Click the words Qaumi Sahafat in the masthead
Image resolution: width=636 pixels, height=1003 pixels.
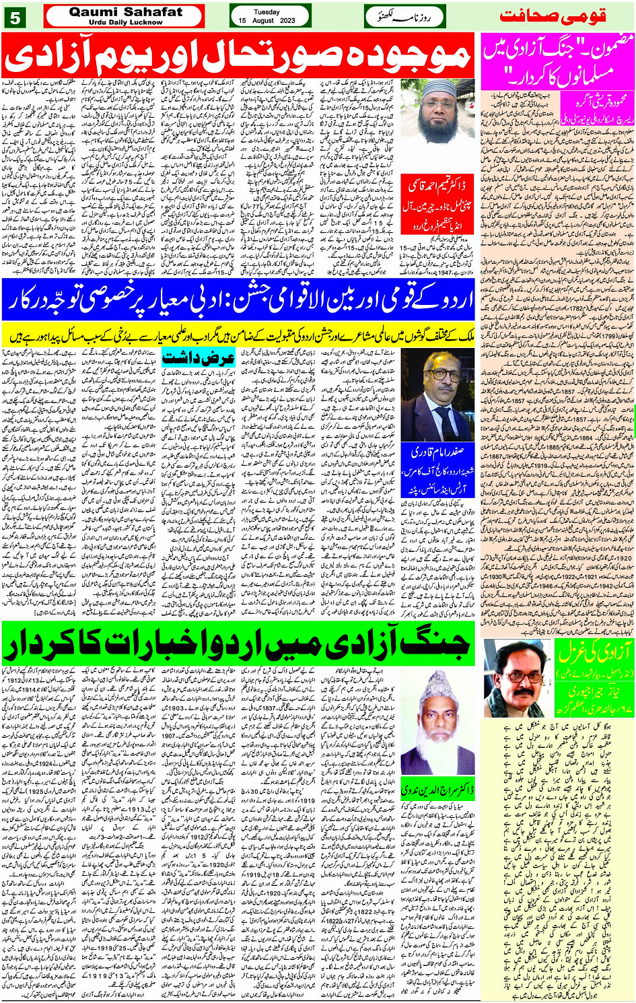125,11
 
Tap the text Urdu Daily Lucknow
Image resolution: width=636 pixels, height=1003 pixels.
125,22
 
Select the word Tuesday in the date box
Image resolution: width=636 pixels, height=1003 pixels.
267,11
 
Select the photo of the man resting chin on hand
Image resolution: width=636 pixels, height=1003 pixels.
517,677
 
